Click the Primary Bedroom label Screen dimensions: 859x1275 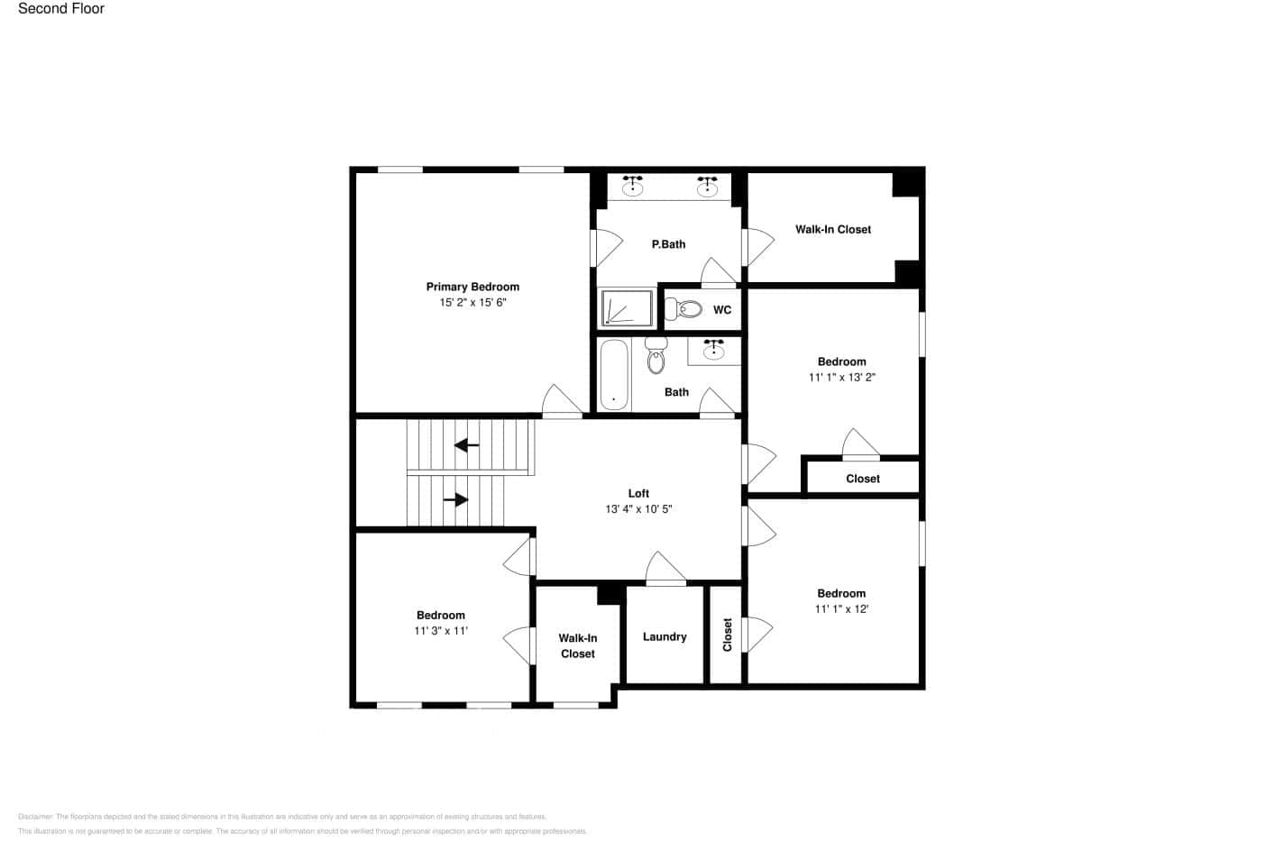472,287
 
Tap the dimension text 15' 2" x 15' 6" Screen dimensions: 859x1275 472,303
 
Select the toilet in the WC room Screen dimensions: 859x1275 688,309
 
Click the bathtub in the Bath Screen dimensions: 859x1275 613,375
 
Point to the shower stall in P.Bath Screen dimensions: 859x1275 627,307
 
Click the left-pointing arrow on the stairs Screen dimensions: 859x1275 466,444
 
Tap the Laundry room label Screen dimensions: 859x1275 665,636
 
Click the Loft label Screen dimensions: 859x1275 638,493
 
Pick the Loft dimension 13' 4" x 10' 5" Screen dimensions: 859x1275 638,509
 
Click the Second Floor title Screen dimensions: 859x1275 61,9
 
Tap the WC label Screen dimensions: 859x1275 722,310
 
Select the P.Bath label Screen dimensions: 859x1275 668,244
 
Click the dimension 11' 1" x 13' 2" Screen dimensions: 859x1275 841,378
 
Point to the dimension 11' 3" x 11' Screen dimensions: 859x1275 440,631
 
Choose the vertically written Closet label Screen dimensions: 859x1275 728,635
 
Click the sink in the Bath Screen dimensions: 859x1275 713,350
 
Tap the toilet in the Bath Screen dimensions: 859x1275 656,358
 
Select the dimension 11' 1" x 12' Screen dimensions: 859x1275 841,609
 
